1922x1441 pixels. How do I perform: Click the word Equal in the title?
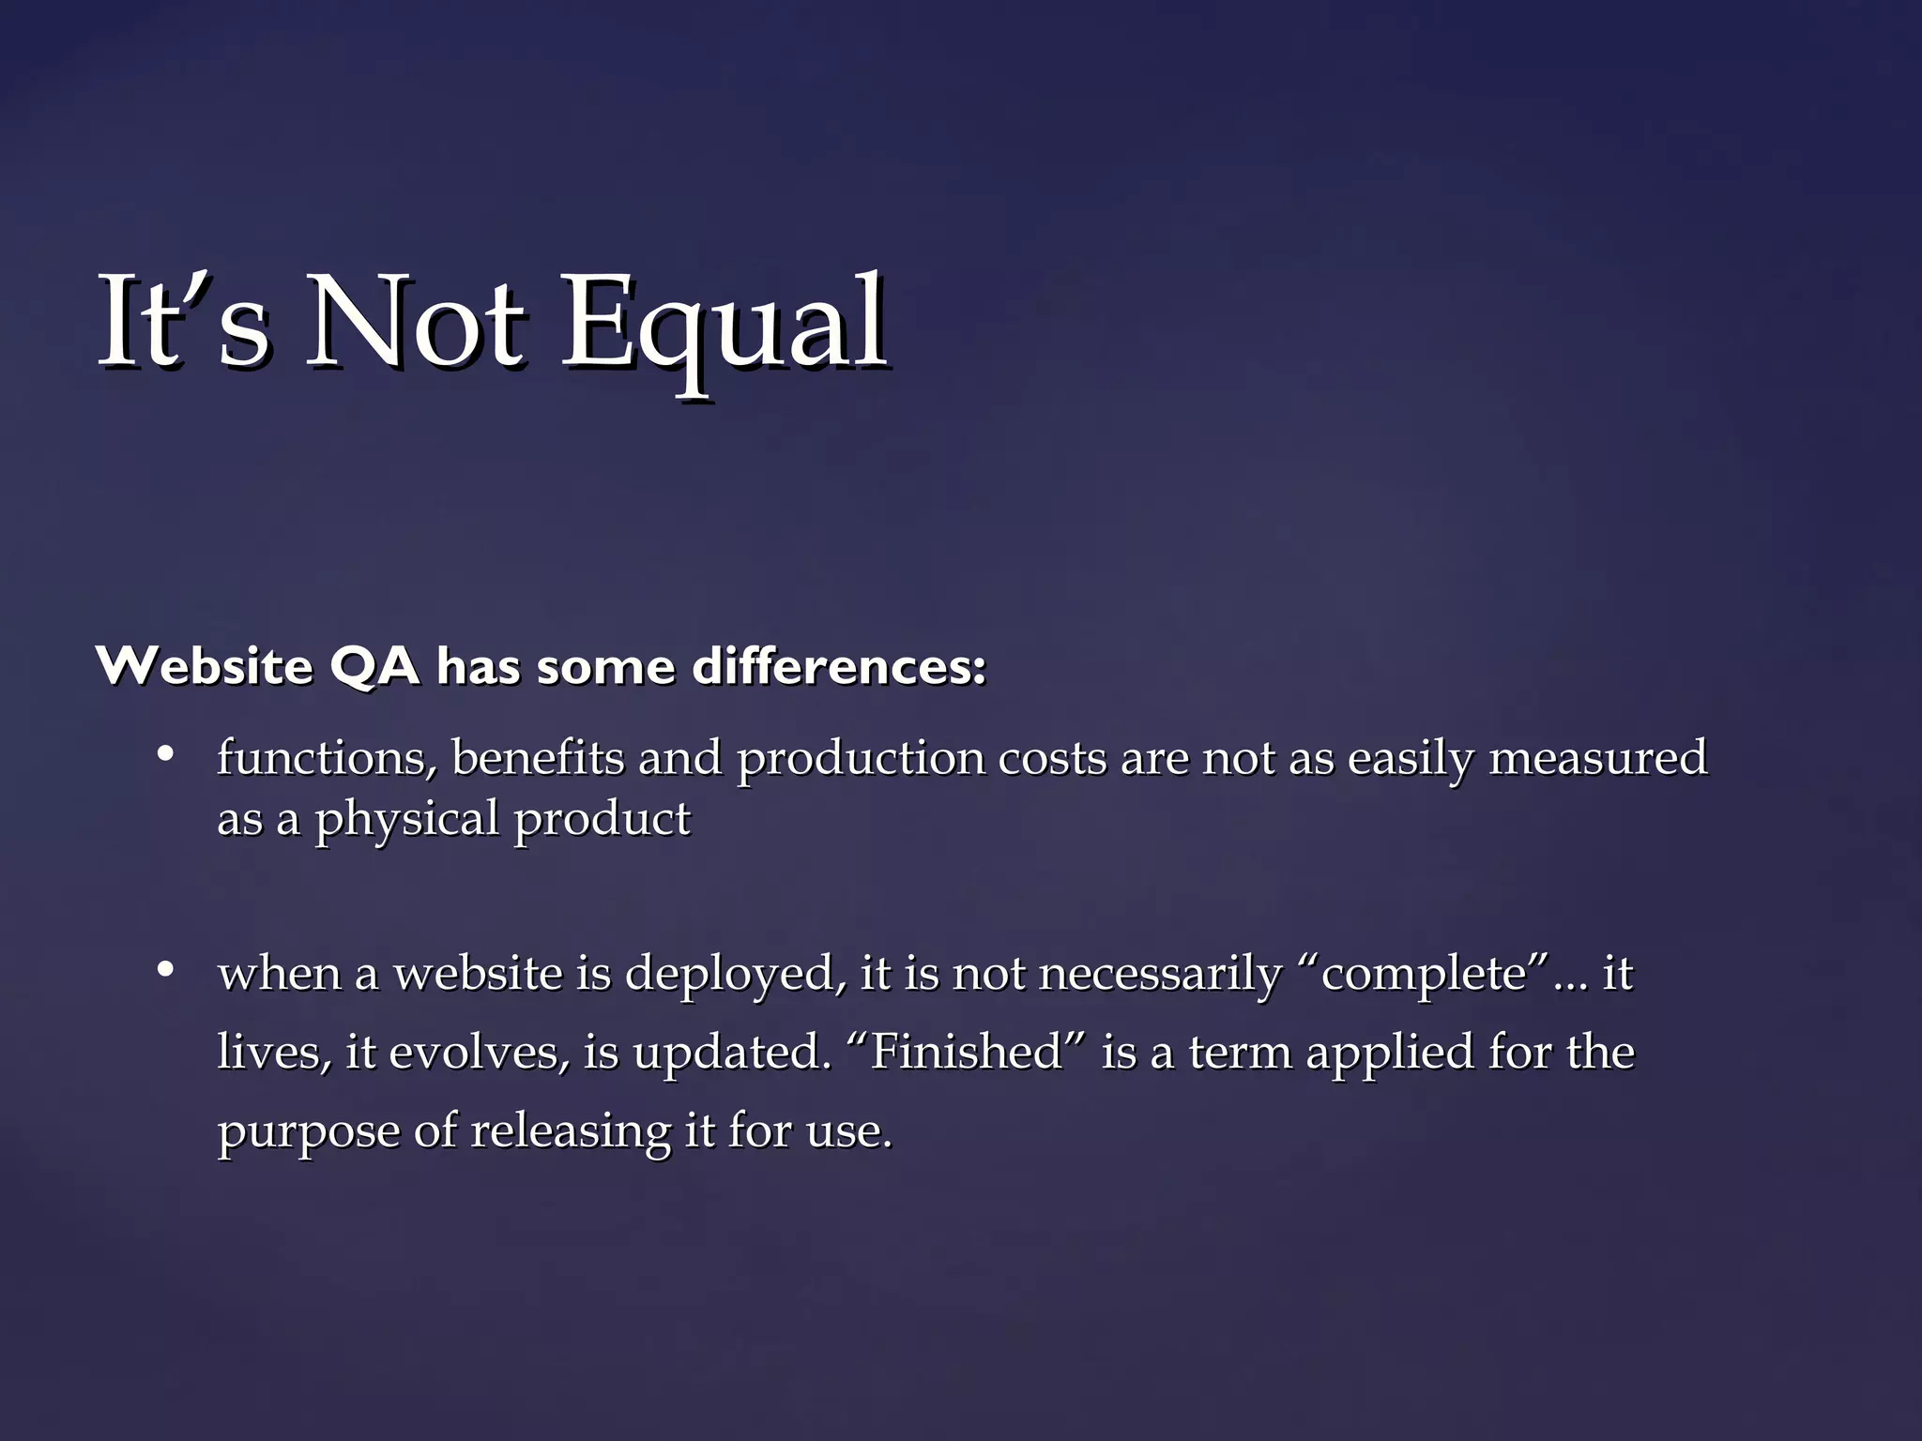click(x=724, y=324)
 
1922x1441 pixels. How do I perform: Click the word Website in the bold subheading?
click(x=205, y=667)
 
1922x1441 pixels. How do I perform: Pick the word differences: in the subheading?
click(x=839, y=667)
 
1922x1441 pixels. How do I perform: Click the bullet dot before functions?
click(x=166, y=754)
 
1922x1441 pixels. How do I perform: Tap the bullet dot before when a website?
click(x=166, y=970)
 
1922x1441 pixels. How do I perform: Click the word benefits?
click(x=538, y=758)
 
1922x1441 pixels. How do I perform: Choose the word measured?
click(x=1597, y=758)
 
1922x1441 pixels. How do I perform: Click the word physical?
click(x=406, y=820)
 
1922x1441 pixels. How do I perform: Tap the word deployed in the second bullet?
click(x=729, y=974)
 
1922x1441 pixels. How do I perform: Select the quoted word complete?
click(x=1424, y=974)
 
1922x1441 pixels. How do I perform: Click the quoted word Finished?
click(x=967, y=1052)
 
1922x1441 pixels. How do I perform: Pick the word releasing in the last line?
click(x=571, y=1131)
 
